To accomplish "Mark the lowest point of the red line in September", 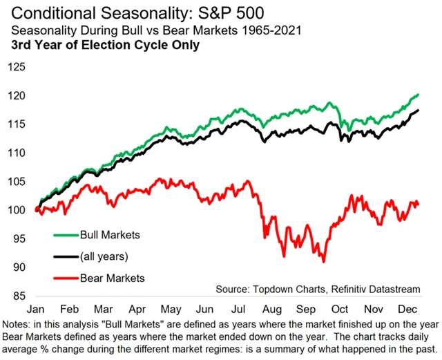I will [x=323, y=261].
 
